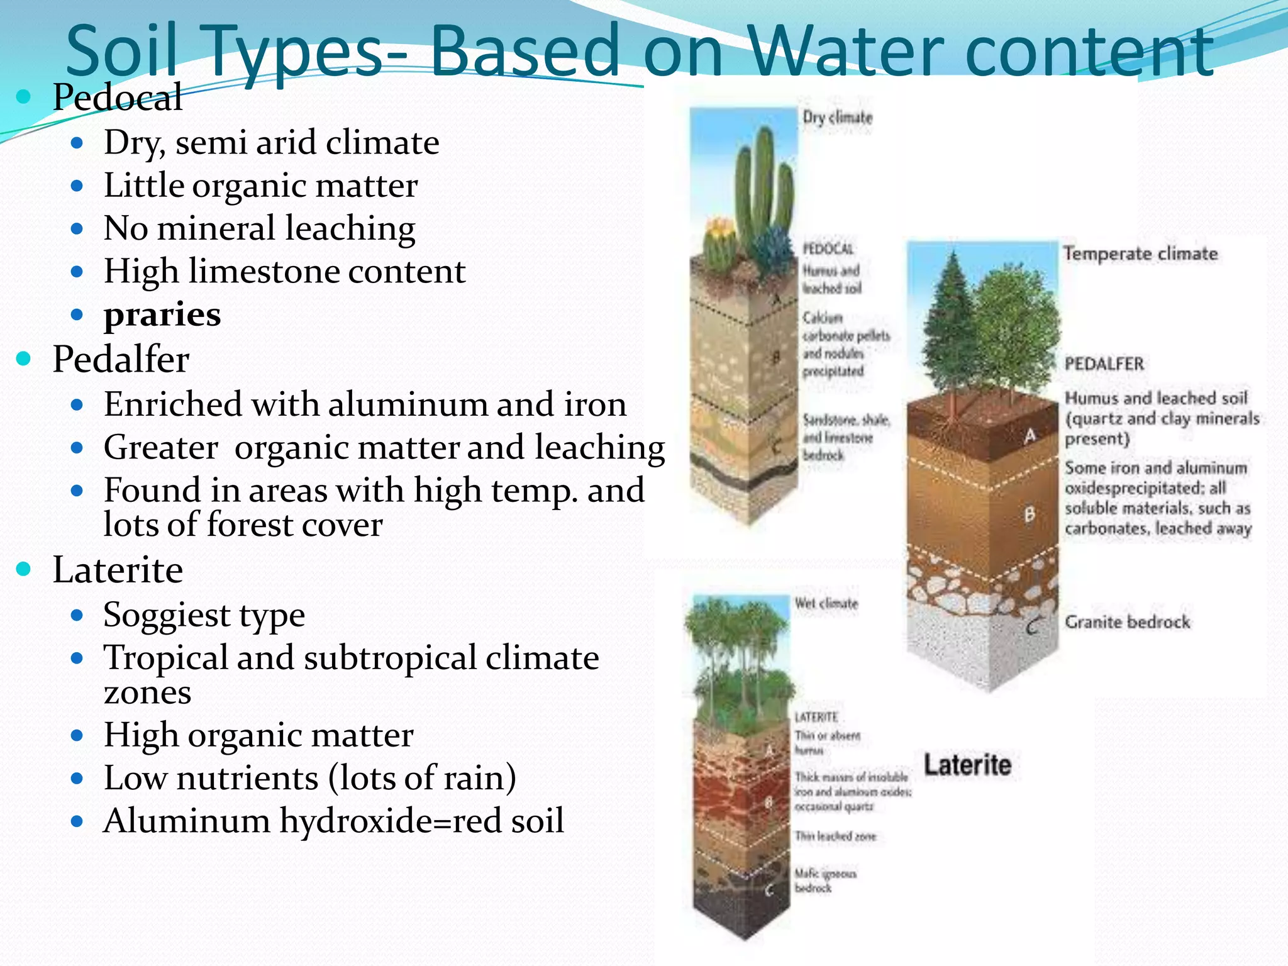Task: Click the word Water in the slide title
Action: (850, 50)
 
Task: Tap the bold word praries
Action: (162, 314)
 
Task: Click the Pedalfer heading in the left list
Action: (121, 359)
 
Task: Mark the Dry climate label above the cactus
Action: (837, 118)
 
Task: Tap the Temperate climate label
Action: (1140, 253)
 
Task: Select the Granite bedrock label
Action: (1127, 622)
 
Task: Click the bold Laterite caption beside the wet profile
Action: (967, 765)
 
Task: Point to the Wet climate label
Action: (826, 603)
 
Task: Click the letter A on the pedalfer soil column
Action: (1030, 435)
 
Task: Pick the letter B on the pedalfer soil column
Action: (1030, 514)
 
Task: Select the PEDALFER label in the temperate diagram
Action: (1104, 364)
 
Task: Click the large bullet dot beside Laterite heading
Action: (24, 569)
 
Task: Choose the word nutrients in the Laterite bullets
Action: (248, 778)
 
